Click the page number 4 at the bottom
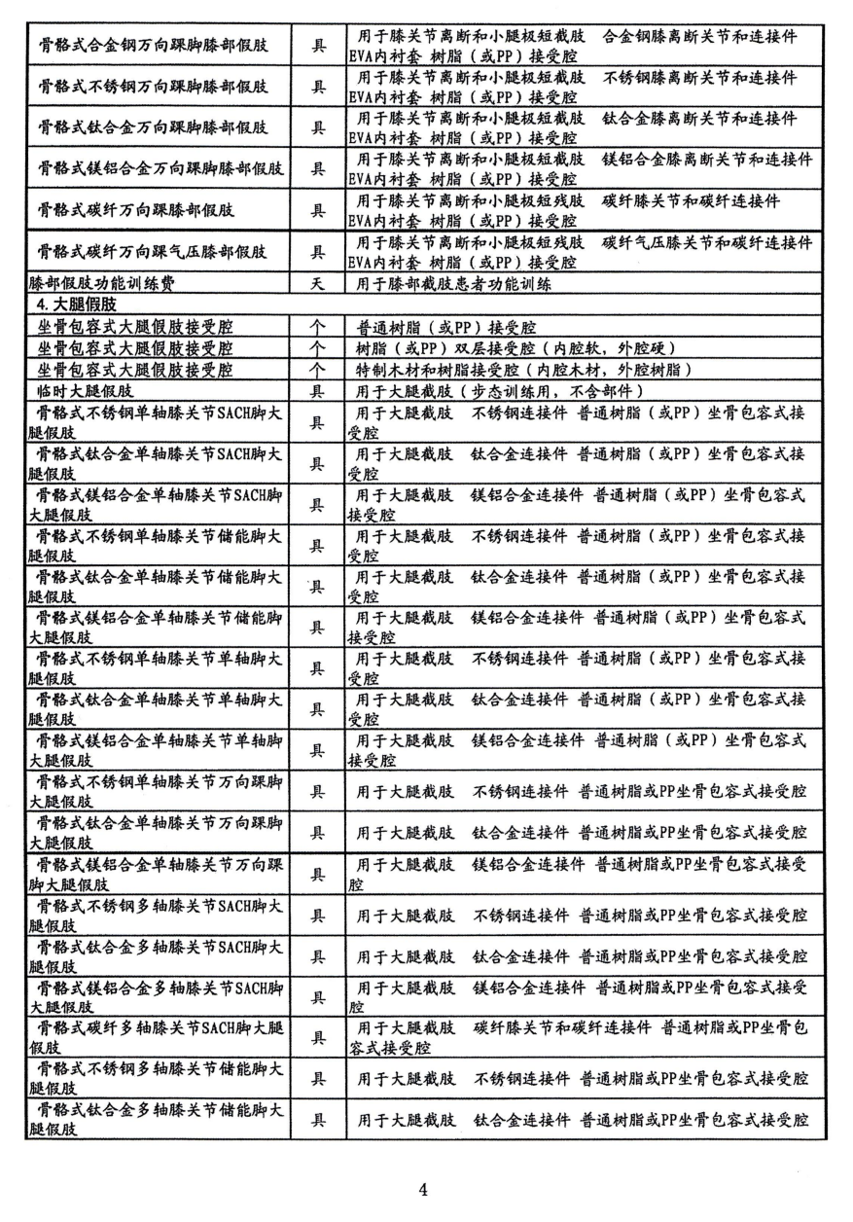click(423, 1188)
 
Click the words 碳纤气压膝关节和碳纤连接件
click(706, 242)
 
